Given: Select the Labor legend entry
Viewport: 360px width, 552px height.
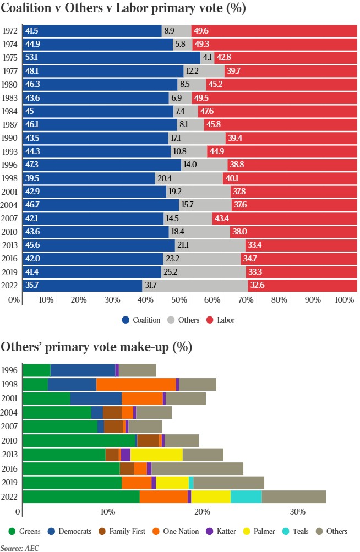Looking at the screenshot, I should click(220, 320).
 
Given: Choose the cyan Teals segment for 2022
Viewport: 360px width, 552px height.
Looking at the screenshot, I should click(246, 496).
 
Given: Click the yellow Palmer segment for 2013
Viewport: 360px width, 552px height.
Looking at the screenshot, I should click(156, 454).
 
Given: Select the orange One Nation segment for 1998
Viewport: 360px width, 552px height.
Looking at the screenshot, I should click(136, 384).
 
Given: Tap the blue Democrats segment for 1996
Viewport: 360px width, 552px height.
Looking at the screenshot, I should click(83, 370).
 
